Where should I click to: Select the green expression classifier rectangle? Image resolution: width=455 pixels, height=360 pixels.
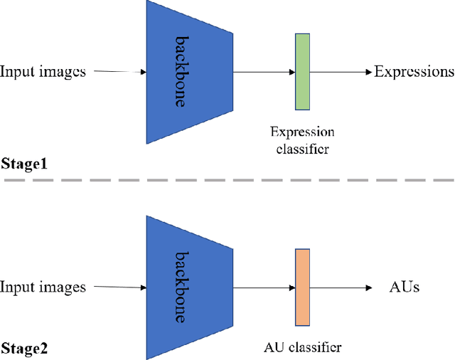pos(303,71)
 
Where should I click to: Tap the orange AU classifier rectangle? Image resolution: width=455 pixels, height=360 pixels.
pos(303,287)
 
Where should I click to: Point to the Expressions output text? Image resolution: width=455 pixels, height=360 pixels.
pos(414,72)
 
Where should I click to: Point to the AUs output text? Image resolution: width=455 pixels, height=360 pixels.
pos(405,287)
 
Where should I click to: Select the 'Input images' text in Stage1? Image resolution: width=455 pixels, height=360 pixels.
pos(43,72)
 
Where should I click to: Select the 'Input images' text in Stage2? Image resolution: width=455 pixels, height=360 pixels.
pos(43,287)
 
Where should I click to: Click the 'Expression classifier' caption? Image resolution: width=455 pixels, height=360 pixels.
pos(302,141)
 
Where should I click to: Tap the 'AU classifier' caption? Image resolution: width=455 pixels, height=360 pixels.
pos(302,348)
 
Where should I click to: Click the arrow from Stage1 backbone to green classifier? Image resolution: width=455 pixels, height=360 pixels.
pos(264,72)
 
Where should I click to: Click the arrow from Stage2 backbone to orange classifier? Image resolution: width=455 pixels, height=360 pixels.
pos(264,287)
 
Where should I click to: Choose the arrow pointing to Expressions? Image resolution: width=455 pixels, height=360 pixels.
pos(341,72)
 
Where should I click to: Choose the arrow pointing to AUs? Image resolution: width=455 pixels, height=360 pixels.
pos(341,287)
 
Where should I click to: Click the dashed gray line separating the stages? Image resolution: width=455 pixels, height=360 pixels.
pos(227,180)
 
